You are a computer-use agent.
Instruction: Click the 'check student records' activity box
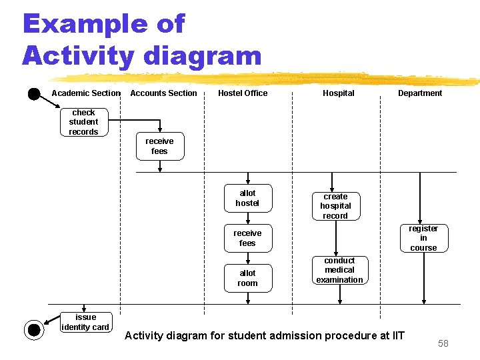pyautogui.click(x=83, y=122)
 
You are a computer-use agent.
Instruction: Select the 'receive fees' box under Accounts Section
pyautogui.click(x=159, y=146)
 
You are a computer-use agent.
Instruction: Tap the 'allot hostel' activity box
pyautogui.click(x=247, y=198)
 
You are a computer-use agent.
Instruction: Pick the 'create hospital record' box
pyautogui.click(x=335, y=206)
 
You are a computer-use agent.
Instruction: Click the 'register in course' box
pyautogui.click(x=423, y=238)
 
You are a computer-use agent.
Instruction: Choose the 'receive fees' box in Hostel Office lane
pyautogui.click(x=247, y=238)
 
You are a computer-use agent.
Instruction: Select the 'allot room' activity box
pyautogui.click(x=247, y=278)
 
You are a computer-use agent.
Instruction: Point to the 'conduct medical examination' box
pyautogui.click(x=339, y=270)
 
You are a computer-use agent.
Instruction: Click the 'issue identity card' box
pyautogui.click(x=85, y=322)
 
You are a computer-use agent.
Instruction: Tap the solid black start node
pyautogui.click(x=33, y=93)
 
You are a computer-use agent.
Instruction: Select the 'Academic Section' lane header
pyautogui.click(x=86, y=93)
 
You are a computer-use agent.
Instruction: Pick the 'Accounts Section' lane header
pyautogui.click(x=163, y=93)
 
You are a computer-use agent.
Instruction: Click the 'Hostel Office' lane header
pyautogui.click(x=243, y=93)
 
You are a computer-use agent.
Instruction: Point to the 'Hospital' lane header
pyautogui.click(x=339, y=93)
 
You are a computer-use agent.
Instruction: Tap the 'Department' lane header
pyautogui.click(x=420, y=93)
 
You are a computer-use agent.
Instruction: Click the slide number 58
pyautogui.click(x=443, y=343)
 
